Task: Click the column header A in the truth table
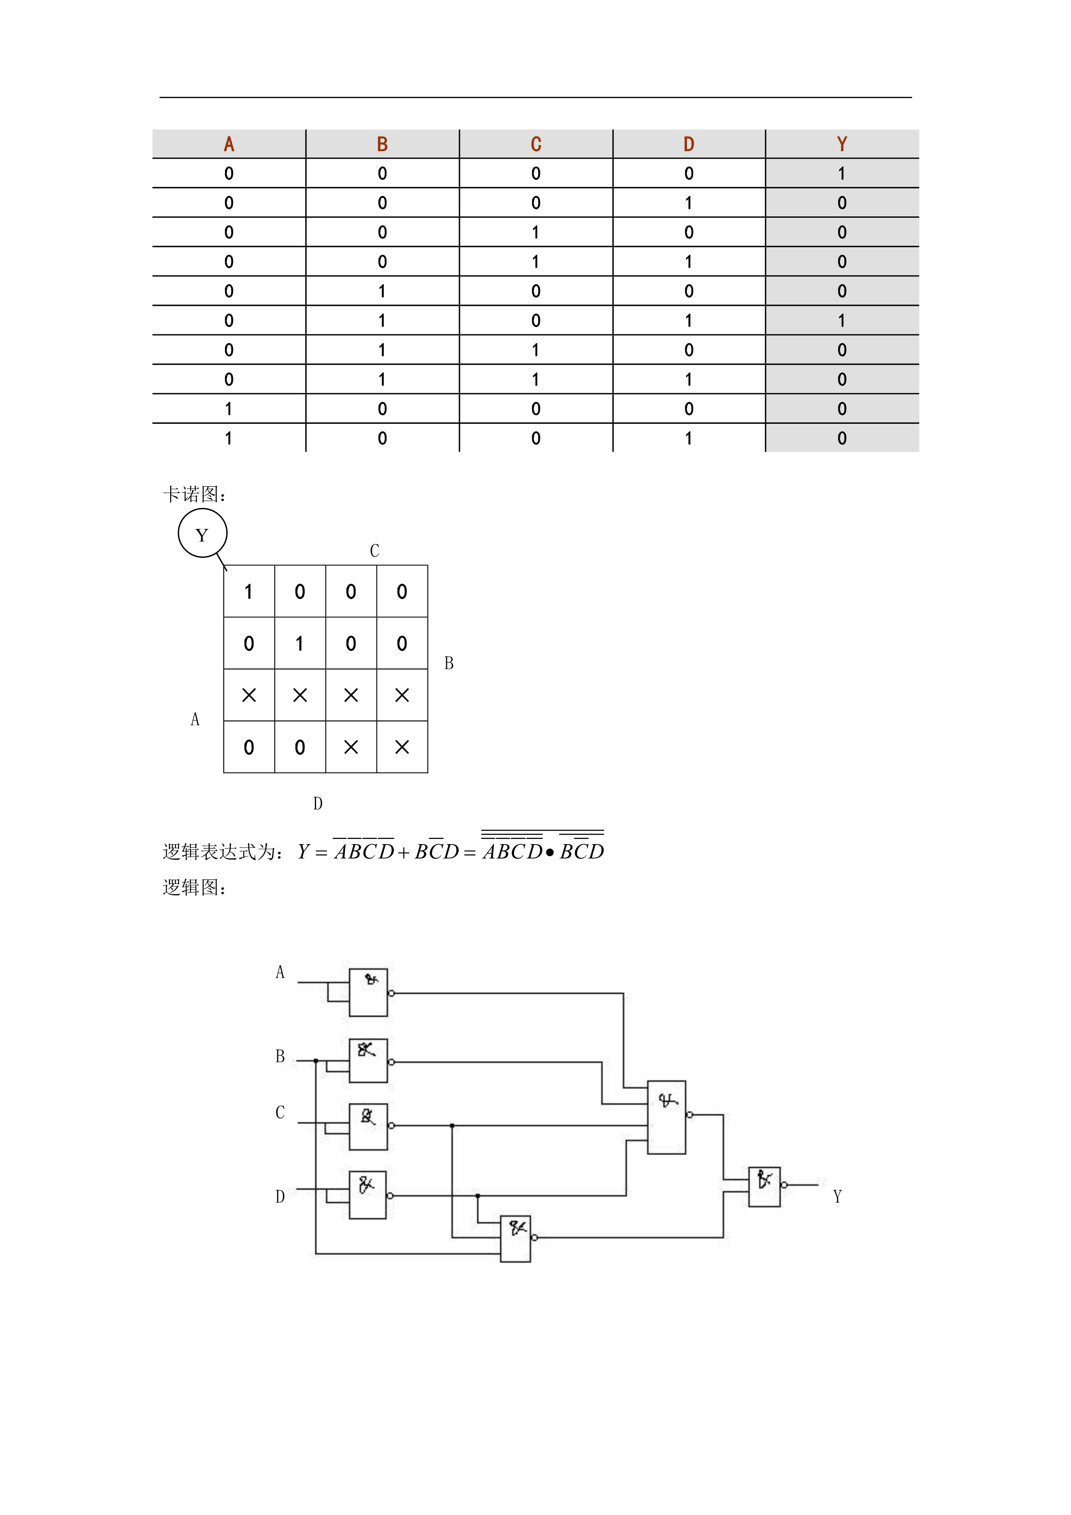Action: coord(229,144)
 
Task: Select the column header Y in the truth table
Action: coord(842,144)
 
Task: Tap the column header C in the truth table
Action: coord(535,144)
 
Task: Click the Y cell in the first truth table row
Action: coord(842,174)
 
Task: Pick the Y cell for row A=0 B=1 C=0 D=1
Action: coord(842,321)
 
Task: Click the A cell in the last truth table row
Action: coord(229,438)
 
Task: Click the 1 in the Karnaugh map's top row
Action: coord(249,592)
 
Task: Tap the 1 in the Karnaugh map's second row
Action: coord(299,643)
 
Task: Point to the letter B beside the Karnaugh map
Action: coord(448,663)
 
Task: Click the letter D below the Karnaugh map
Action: coord(318,803)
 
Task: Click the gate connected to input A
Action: coord(368,992)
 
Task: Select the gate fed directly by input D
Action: coord(368,1195)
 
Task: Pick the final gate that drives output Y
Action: coord(764,1186)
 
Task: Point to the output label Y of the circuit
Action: coord(837,1196)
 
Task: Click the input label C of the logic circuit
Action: coord(280,1112)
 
